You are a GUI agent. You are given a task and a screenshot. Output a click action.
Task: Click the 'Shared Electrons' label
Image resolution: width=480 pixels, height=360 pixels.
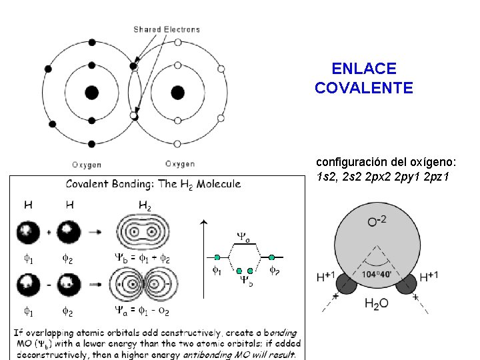(166, 29)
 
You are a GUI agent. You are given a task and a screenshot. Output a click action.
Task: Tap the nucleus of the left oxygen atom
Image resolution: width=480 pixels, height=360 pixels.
(92, 92)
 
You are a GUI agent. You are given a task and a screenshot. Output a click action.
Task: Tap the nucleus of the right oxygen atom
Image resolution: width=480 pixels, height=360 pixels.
(177, 92)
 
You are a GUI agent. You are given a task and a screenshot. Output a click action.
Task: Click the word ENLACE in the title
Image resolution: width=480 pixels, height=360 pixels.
(363, 69)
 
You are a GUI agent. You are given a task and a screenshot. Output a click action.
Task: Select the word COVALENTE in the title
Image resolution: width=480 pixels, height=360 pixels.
(363, 88)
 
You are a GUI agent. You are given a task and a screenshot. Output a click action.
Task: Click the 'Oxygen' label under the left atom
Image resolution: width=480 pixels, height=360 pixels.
(87, 164)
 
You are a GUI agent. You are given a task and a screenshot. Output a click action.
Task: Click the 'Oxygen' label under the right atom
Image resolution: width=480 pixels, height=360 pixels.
(180, 164)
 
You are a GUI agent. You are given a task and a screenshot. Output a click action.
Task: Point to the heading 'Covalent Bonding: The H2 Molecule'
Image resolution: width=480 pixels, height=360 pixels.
(153, 184)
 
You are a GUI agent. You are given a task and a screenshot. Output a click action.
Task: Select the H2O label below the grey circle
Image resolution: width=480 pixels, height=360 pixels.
(377, 304)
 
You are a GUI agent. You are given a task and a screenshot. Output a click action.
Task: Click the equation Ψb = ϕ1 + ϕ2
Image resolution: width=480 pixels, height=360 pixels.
(143, 259)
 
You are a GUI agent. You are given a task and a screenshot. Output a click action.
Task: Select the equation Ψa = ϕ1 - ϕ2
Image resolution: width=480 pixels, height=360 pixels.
(143, 311)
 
